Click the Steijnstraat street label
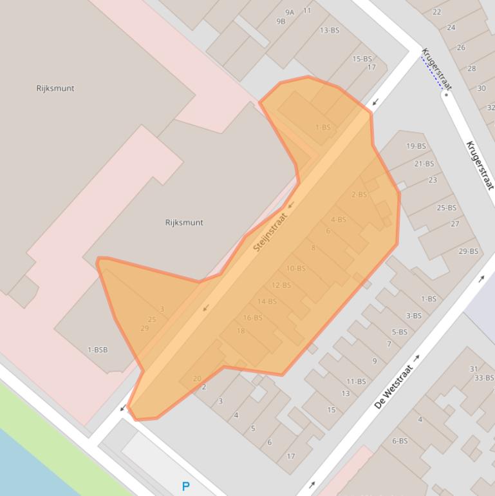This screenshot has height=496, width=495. coord(270,232)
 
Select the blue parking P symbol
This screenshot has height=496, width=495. coord(186,486)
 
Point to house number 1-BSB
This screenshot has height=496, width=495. coord(97,350)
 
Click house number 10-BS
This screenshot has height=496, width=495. coord(295,269)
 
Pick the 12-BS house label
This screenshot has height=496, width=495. coord(281,285)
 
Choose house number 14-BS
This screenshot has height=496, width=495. coord(266,301)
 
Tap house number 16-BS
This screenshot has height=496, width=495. coord(252,318)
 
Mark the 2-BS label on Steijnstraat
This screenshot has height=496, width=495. coord(359,195)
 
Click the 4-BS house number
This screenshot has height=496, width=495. coord(338,220)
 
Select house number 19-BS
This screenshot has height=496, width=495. coord(416,146)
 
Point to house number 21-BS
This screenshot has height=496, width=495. coord(424,164)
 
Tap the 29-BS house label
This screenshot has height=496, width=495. coord(468,251)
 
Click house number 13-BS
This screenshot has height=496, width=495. coord(329,30)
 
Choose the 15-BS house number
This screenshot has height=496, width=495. coord(362,59)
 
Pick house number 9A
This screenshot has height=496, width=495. coord(290,12)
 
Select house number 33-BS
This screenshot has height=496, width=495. coord(484,378)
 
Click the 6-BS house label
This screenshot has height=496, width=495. coord(399,441)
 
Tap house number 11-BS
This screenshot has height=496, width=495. coord(355,381)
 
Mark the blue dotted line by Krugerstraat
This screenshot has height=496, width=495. coord(432,72)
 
